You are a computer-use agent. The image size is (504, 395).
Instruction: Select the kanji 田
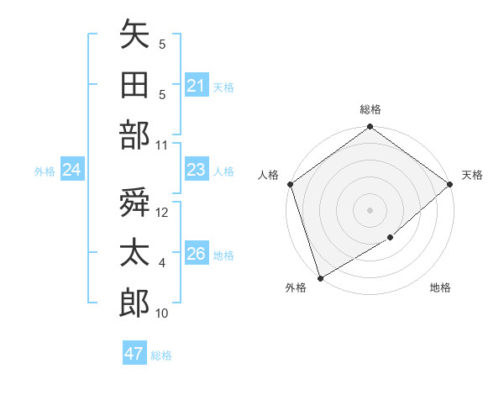tap(134, 85)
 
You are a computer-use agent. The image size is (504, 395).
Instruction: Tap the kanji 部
tap(134, 135)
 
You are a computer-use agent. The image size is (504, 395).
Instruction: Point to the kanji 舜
tap(134, 203)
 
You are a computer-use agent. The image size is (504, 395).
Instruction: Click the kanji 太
tap(134, 253)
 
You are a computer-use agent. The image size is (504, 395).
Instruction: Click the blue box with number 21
tap(196, 86)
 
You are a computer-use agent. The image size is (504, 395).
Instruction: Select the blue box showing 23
tap(196, 171)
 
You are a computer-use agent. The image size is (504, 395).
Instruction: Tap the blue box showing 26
tap(196, 255)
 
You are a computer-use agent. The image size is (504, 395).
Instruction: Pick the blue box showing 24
tap(71, 171)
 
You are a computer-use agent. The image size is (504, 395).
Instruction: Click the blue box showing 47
tap(134, 354)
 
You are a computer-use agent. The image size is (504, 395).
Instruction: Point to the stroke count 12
tap(163, 213)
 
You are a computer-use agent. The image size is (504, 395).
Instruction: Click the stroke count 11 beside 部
tap(162, 145)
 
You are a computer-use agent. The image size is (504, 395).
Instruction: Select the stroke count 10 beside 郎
tap(162, 313)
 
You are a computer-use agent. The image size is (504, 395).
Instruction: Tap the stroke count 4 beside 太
tap(162, 264)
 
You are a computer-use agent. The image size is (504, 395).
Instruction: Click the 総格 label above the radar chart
tap(370, 109)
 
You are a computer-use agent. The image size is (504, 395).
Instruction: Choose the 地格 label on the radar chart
tap(440, 288)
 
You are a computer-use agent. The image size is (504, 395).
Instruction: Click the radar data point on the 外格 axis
tap(320, 277)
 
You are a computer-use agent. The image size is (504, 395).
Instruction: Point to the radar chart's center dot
tap(370, 209)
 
